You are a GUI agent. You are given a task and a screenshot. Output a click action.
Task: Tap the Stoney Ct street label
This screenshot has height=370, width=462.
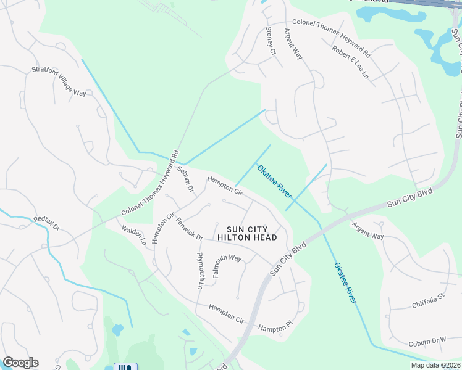tap(270, 41)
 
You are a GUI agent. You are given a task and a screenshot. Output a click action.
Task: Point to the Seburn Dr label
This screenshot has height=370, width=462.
tap(185, 178)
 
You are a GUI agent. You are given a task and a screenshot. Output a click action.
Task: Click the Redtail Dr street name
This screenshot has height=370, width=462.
tap(46, 223)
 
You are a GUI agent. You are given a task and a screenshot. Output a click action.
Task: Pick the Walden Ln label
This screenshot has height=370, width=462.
tap(133, 236)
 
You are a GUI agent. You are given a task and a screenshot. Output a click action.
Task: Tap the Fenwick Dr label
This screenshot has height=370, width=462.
tap(189, 228)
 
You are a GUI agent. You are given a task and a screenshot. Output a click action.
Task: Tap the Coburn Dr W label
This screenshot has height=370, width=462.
tap(426, 340)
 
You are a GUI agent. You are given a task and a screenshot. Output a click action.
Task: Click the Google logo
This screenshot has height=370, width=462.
tap(20, 363)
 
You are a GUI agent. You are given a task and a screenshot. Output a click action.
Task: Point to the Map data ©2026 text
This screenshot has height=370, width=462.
tap(435, 365)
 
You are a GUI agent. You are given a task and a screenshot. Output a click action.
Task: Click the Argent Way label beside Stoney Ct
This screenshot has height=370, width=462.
tap(293, 43)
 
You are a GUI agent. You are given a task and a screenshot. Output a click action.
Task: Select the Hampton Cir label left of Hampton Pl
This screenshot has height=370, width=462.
tap(226, 313)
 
